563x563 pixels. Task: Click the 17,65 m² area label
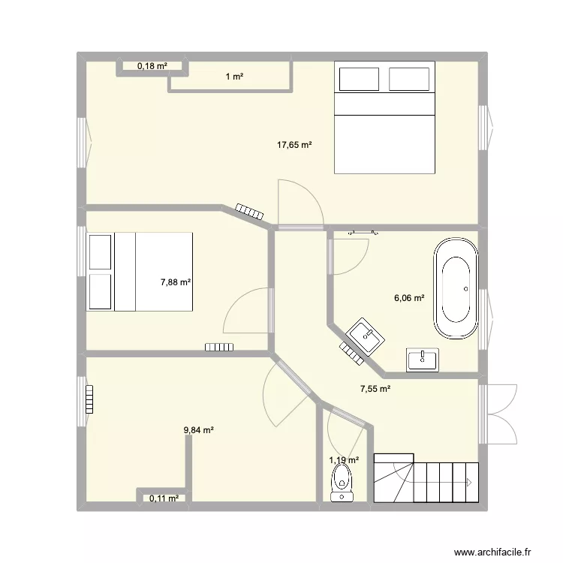coord(294,146)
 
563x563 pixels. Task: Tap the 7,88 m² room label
coord(175,282)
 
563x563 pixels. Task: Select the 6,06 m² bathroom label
coord(409,298)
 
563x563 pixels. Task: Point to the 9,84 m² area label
coord(199,430)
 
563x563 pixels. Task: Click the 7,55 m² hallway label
coord(375,389)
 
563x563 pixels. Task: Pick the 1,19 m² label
coord(344,460)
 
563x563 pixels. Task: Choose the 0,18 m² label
coord(151,67)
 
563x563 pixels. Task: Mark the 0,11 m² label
coord(164,498)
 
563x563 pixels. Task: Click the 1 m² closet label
coord(235,77)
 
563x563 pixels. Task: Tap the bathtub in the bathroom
coord(455,289)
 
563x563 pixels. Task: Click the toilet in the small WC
coord(342,481)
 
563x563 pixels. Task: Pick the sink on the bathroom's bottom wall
coord(422,360)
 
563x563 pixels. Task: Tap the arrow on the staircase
coord(466,481)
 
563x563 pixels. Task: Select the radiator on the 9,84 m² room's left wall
coord(90,399)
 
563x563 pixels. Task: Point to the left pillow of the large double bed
coord(359,79)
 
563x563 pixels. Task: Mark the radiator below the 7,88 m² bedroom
coord(220,347)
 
